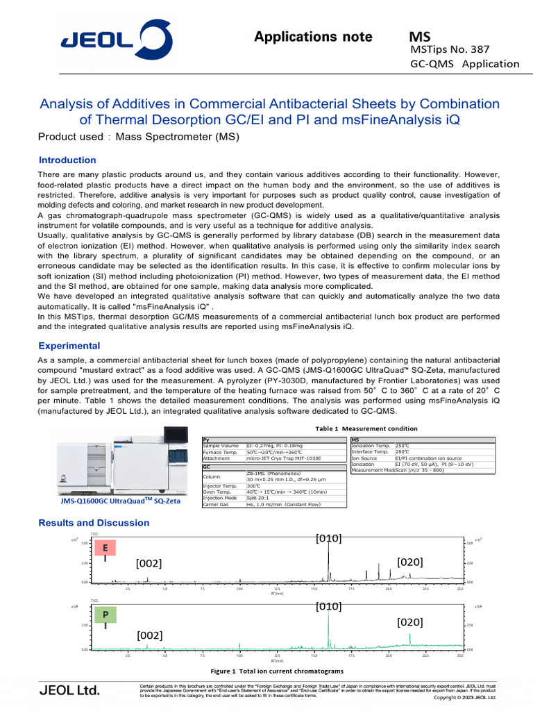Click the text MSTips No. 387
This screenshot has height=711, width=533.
click(x=450, y=49)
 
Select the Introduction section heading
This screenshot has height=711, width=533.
click(x=67, y=160)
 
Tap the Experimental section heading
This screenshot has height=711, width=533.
click(x=69, y=346)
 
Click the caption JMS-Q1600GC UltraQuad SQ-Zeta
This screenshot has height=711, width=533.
click(x=117, y=500)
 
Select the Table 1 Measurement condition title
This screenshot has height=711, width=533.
click(x=366, y=428)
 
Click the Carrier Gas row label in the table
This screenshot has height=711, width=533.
click(x=218, y=504)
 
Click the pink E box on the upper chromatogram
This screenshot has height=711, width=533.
click(x=104, y=548)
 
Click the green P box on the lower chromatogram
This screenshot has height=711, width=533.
click(x=105, y=614)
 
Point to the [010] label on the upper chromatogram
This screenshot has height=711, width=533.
click(x=328, y=539)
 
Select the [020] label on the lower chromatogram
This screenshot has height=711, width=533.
click(x=410, y=622)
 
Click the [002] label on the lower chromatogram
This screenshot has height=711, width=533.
click(x=149, y=635)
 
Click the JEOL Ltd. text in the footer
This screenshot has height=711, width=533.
click(x=69, y=690)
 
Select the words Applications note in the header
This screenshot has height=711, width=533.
click(x=313, y=37)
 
